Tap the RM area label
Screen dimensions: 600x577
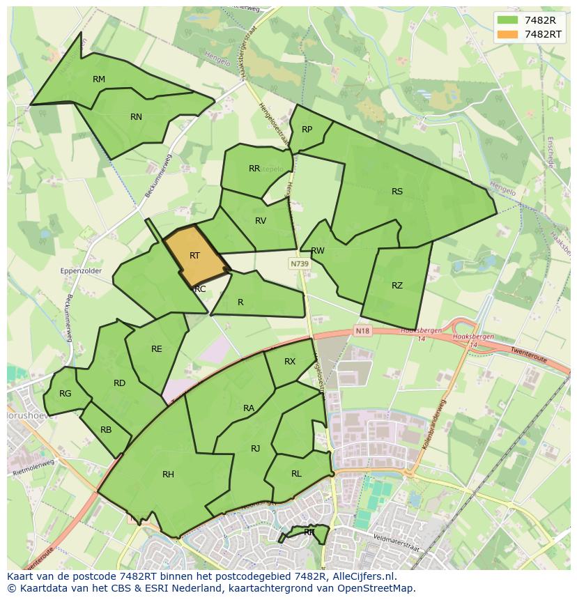coord(99,79)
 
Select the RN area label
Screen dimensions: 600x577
coord(136,117)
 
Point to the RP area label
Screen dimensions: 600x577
coord(307,130)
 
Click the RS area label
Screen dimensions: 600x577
coord(397,192)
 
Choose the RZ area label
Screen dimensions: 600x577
coord(397,286)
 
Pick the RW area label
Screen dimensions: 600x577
coord(318,251)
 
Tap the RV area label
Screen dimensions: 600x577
coord(261,221)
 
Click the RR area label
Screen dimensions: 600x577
coord(254,169)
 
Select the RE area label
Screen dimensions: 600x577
coord(157,349)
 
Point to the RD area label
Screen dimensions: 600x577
coord(119,383)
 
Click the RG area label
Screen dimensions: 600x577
coord(65,394)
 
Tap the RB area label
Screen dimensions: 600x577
coord(106,430)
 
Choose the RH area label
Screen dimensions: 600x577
coord(168,475)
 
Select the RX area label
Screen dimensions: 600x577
coord(290,362)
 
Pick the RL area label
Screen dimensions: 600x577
coord(296,474)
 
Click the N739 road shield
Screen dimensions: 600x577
coord(300,264)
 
